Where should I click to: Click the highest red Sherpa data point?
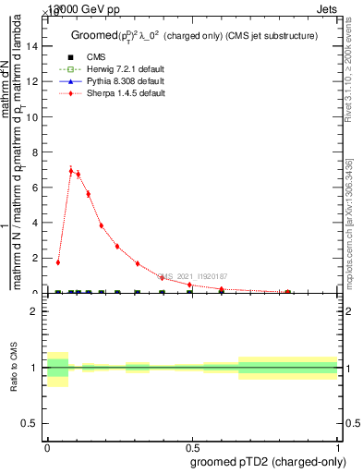(70, 171)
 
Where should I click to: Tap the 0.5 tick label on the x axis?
(191, 445)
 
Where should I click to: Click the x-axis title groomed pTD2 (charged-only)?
(264, 461)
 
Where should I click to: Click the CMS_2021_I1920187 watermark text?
(191, 276)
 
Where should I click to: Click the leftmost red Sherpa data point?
(57, 262)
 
